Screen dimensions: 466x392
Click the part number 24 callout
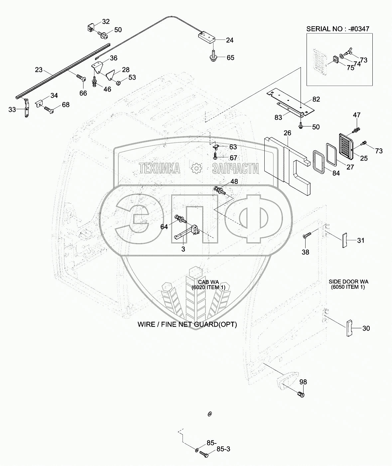tap(230, 40)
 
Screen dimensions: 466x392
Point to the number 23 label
tap(39, 70)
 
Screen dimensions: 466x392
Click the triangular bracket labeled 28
tap(111, 75)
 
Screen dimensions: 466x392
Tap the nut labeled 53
tap(118, 81)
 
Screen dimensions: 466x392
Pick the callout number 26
tap(287, 133)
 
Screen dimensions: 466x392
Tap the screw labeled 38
tap(307, 236)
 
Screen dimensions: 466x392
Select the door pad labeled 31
tap(344, 240)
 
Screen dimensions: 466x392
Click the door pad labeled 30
tap(349, 328)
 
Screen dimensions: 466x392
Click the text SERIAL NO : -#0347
tap(337, 29)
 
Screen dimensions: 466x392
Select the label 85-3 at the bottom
tap(223, 449)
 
